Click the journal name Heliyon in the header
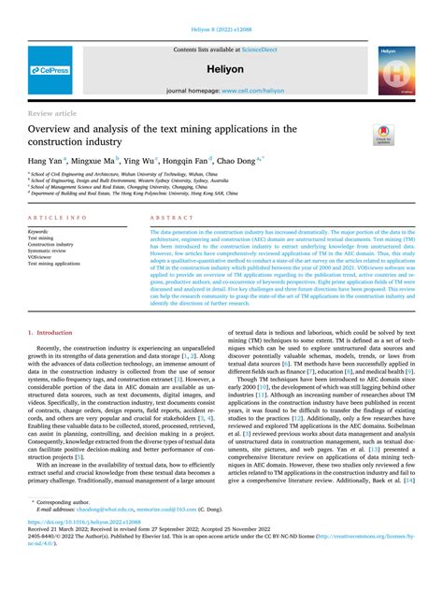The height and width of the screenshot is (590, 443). pos(221,69)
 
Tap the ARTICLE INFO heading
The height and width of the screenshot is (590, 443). pos(58,217)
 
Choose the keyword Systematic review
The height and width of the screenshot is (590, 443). pos(51,252)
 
